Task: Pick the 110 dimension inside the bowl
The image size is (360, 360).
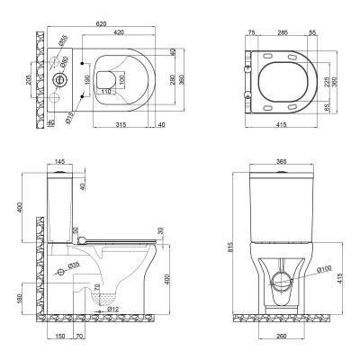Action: [x=105, y=93]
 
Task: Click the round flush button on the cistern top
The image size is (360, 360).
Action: [x=60, y=79]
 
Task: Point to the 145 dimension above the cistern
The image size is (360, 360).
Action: [x=59, y=162]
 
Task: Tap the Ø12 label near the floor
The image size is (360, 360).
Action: [x=112, y=310]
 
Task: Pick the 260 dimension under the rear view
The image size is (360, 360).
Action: [x=283, y=337]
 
